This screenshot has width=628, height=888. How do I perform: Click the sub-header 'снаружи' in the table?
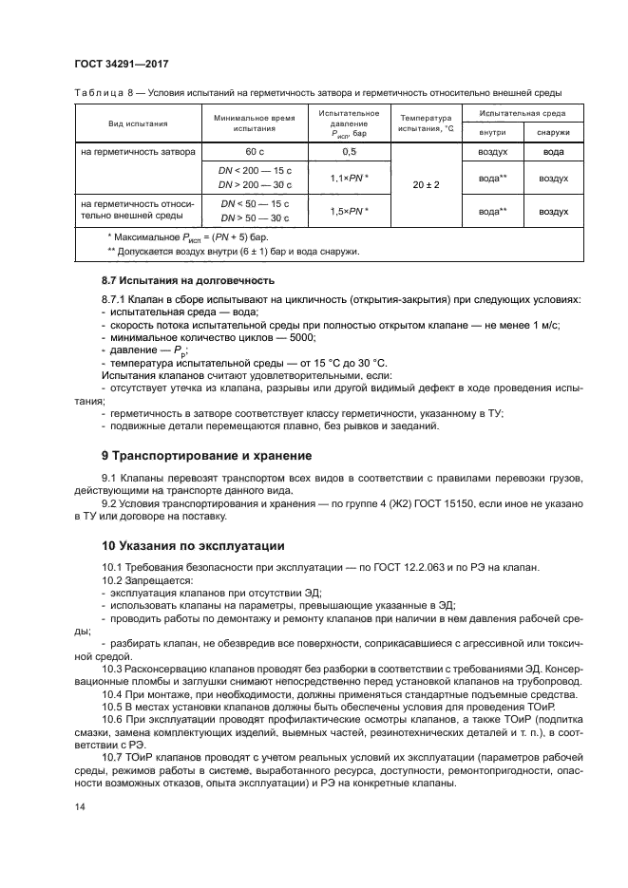pyautogui.click(x=553, y=133)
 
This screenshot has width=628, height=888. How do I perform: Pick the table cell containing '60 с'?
pyautogui.click(x=254, y=152)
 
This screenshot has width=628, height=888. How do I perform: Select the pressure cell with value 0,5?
pyautogui.click(x=349, y=152)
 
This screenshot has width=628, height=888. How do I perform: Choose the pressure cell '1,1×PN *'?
pyautogui.click(x=349, y=178)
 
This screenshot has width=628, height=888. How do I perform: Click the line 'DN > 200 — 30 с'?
pyautogui.click(x=255, y=185)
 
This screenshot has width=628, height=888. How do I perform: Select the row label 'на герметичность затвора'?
pyautogui.click(x=138, y=152)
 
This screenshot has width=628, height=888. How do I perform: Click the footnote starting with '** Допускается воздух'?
pyautogui.click(x=226, y=252)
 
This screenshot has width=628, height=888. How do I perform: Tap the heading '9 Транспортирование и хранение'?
pyautogui.click(x=206, y=456)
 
